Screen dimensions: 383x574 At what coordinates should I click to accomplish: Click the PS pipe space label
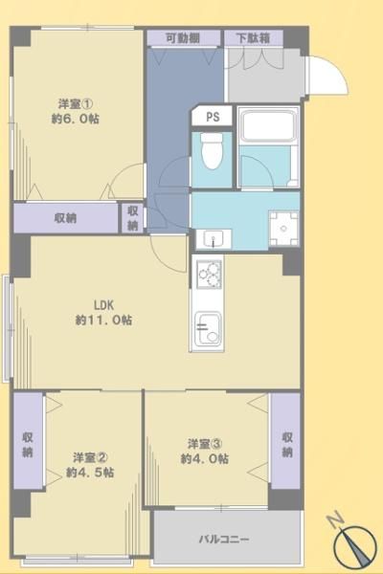213,117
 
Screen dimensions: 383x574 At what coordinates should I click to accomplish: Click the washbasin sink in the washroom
214,239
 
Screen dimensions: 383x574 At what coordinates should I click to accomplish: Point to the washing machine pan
283,229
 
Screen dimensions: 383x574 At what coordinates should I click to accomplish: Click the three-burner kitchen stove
210,274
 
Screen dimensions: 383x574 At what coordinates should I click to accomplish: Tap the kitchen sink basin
208,329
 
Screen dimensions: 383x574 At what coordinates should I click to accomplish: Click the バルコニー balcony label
224,540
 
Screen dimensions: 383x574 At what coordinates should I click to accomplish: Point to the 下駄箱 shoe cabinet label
253,38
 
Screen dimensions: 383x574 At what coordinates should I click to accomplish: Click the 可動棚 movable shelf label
183,38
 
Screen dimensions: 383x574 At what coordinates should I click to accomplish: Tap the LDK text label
104,304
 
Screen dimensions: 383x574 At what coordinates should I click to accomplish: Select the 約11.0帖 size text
103,320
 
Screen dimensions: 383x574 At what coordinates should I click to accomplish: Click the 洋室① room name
75,104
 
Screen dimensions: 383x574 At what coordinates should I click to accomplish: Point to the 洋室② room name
90,457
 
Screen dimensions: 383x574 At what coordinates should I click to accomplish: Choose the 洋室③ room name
205,444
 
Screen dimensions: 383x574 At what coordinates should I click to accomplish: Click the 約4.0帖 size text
205,458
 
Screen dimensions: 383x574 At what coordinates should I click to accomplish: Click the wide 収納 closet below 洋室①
66,218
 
